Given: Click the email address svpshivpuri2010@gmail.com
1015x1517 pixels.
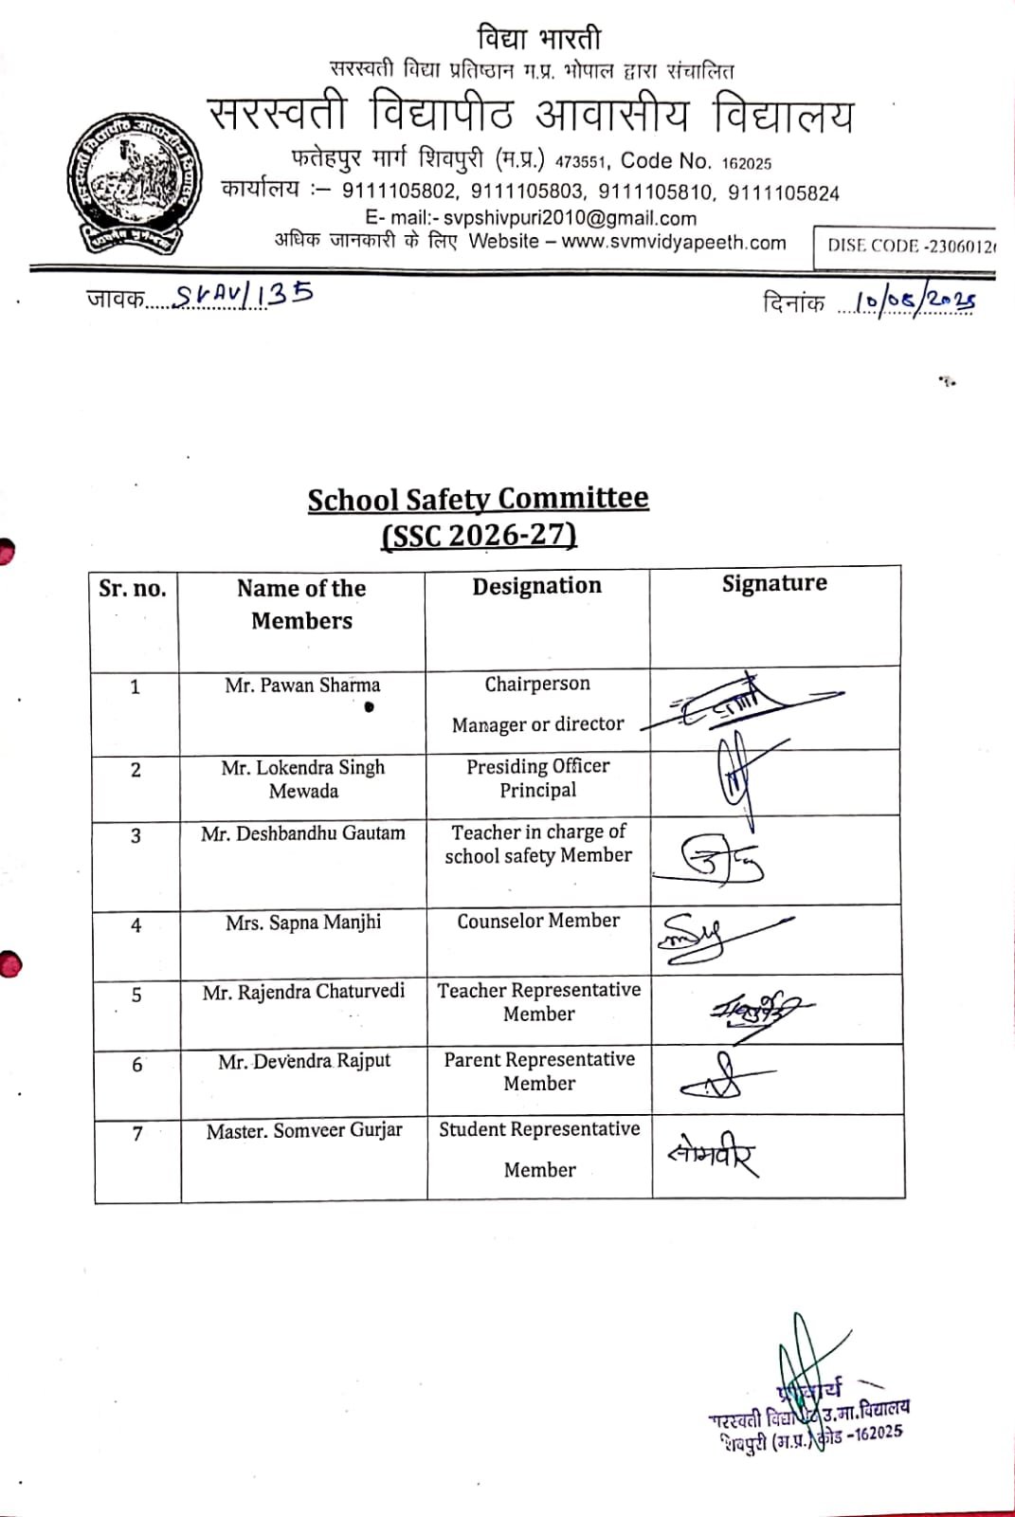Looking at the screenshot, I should (570, 217).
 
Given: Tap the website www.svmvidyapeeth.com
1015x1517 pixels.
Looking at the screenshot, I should (674, 243).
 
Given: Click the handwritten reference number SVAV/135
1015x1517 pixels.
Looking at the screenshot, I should (244, 295).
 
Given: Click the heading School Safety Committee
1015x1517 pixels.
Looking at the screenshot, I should (478, 500).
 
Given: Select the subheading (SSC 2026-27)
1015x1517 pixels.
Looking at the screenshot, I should (479, 536).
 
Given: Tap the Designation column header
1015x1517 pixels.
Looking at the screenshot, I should (536, 586).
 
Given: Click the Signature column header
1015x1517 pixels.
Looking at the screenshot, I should (774, 583).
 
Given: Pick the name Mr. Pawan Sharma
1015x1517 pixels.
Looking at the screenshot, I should (302, 685).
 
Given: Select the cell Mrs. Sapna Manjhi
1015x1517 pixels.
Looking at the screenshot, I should (303, 923).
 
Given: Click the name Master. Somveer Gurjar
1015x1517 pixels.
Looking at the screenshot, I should (304, 1130).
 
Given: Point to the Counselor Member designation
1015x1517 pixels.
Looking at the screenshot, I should (538, 921).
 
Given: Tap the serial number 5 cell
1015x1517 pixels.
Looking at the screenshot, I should (136, 995).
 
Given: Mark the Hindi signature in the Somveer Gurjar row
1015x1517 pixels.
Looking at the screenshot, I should (713, 1155).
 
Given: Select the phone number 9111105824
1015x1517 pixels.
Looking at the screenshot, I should (783, 193).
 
